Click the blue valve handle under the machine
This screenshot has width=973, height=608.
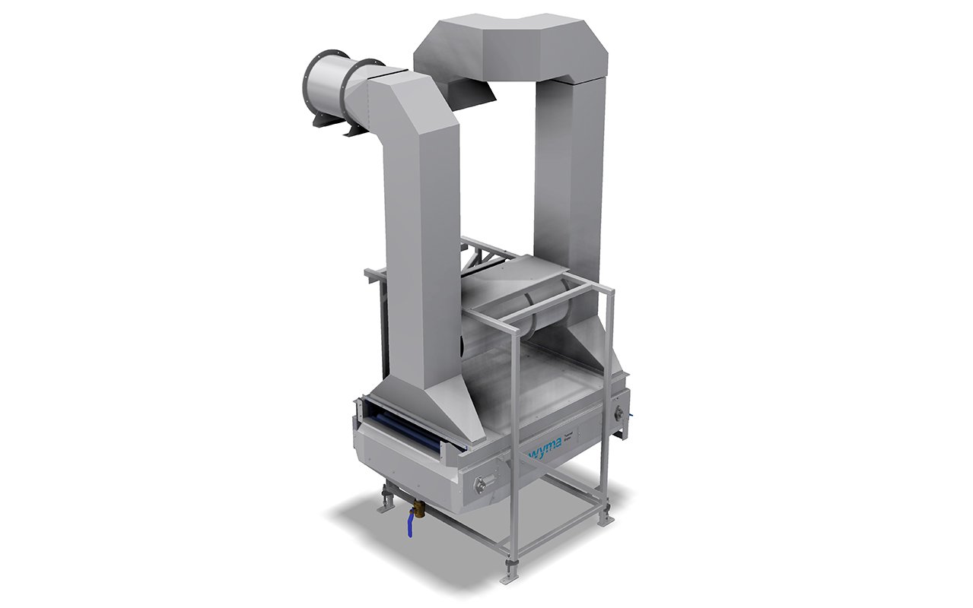(410, 525)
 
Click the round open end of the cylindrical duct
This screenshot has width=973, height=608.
(321, 83)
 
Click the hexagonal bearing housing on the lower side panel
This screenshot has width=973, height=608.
(481, 485)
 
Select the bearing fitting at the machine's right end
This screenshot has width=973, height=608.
(618, 414)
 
